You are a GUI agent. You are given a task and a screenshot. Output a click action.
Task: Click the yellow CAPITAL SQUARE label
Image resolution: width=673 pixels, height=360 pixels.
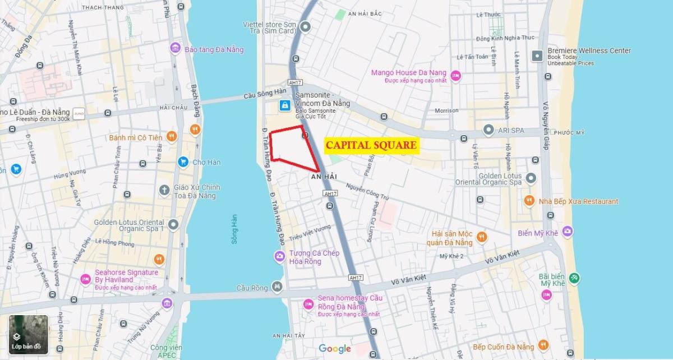coord(371,145)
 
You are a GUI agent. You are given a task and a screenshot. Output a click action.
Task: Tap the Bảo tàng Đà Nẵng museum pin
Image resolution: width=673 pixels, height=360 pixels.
coord(175,49)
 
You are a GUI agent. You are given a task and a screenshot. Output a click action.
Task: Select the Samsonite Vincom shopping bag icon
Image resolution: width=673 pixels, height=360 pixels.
coord(285,105)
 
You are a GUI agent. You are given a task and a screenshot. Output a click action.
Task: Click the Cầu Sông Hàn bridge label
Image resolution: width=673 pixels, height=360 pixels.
coord(265,95)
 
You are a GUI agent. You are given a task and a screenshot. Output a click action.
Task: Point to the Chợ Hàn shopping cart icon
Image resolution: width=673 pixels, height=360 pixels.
coord(182,162)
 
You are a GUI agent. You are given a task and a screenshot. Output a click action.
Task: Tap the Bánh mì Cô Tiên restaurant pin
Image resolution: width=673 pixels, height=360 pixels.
coord(172,136)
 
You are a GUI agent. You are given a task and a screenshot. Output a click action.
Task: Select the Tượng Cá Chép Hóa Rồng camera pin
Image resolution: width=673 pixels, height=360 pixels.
coord(279,257)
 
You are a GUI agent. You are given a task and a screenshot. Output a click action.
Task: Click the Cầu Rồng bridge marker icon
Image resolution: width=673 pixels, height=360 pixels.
coord(276,287)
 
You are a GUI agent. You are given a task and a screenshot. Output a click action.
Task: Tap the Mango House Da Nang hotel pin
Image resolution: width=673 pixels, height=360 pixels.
coord(455,75)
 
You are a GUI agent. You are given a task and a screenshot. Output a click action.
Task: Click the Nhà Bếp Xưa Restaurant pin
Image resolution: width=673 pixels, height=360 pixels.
coord(528,201)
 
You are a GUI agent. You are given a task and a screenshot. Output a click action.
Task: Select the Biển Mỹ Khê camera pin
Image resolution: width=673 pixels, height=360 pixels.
coord(568,231)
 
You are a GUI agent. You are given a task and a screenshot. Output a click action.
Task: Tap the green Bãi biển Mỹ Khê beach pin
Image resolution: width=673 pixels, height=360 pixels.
coord(574,278)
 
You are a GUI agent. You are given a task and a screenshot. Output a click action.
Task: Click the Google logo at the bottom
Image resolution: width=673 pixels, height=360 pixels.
coord(335,349)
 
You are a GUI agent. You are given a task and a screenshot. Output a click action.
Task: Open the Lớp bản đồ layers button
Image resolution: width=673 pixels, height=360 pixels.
coord(28,335)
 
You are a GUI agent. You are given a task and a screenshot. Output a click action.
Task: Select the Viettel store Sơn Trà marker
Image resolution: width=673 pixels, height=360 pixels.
coord(306,26)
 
